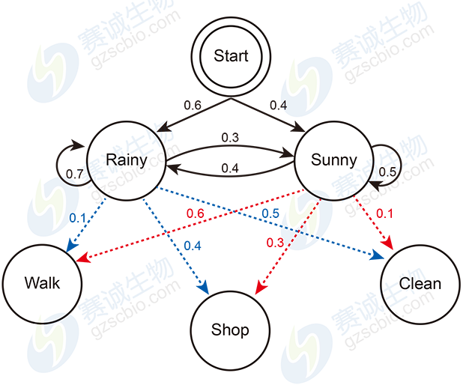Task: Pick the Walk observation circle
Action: (42, 283)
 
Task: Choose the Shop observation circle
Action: (230, 330)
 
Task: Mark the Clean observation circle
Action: (420, 284)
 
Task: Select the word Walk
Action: (42, 283)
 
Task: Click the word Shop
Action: (230, 330)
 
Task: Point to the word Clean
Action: (420, 284)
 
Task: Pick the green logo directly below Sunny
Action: (304, 213)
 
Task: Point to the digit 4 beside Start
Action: (282, 106)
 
